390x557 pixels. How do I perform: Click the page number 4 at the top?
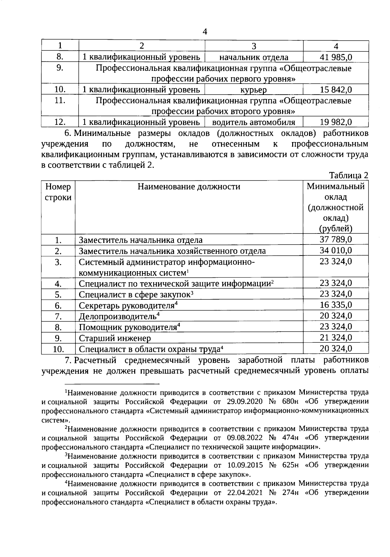click(x=204, y=32)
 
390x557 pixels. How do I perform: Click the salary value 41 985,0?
click(x=336, y=58)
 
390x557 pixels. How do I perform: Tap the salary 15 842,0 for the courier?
click(x=336, y=89)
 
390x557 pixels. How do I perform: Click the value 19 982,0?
click(x=336, y=122)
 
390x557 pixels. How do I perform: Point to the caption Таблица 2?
click(x=349, y=176)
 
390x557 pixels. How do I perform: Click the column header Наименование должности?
click(x=189, y=186)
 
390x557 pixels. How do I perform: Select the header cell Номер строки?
click(x=58, y=192)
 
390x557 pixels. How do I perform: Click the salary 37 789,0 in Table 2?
click(x=336, y=240)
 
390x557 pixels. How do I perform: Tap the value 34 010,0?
click(x=336, y=250)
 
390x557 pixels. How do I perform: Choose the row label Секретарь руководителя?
click(x=127, y=306)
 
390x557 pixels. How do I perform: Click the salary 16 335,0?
click(x=336, y=305)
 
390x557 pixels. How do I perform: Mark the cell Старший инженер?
click(x=115, y=338)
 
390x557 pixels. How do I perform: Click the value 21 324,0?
click(x=336, y=338)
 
